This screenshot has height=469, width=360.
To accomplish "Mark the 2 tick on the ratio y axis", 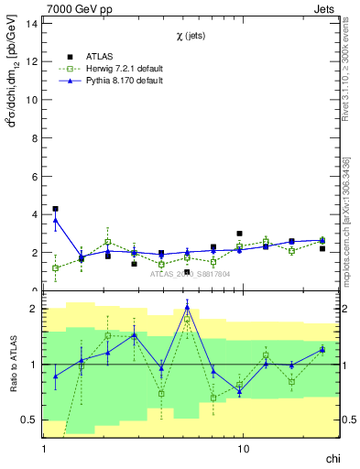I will tap(35, 309).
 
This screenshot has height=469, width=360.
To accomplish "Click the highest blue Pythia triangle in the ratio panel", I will tap(187, 308).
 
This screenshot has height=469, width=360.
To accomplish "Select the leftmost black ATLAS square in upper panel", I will tap(55, 209).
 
